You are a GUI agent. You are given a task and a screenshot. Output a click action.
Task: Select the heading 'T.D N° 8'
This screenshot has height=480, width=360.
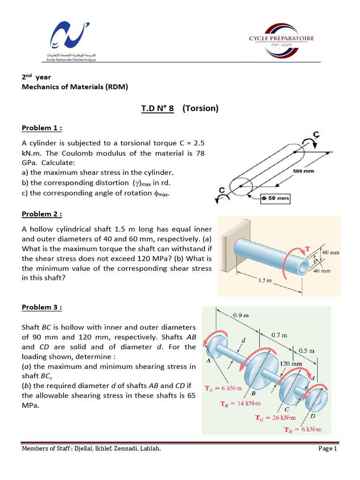[x=157, y=109]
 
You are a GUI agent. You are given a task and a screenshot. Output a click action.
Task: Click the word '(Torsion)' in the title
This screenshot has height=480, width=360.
[x=200, y=109]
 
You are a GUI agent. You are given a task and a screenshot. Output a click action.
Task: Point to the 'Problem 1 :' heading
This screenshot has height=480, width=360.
[x=42, y=128]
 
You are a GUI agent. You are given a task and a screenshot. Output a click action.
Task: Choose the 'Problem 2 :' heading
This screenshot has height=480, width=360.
[x=42, y=214]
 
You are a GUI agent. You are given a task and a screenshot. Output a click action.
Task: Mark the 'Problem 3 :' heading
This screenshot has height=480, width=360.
[x=42, y=307]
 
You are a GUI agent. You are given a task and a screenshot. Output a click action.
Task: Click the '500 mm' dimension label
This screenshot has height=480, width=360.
[x=303, y=172]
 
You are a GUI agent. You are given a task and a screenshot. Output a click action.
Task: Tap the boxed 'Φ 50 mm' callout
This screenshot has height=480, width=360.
[x=276, y=198]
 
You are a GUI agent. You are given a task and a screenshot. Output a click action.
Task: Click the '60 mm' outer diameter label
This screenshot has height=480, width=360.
[x=331, y=252]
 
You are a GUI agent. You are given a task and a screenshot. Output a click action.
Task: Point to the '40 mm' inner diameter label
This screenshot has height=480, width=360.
[x=323, y=270]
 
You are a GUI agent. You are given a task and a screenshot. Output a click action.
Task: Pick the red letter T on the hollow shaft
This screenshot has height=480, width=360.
[x=307, y=248]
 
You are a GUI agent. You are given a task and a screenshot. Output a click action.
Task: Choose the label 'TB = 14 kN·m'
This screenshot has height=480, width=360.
[x=240, y=403]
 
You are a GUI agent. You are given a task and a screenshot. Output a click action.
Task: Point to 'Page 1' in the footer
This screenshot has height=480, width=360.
[x=328, y=449]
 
